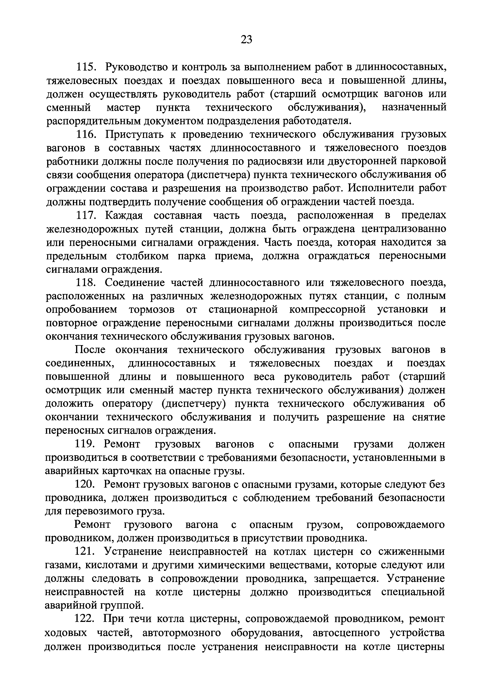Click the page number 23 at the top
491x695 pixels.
[x=246, y=39]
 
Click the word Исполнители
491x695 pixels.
[x=380, y=188]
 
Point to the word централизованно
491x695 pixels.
[x=404, y=229]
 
